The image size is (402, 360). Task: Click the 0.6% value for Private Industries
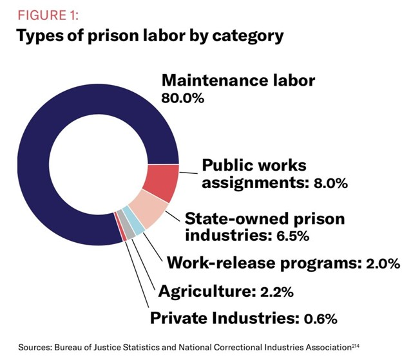coord(318,317)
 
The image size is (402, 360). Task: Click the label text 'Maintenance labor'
coord(238,81)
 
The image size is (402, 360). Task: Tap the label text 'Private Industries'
coord(222,317)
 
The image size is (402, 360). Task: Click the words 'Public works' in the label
coord(255,164)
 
